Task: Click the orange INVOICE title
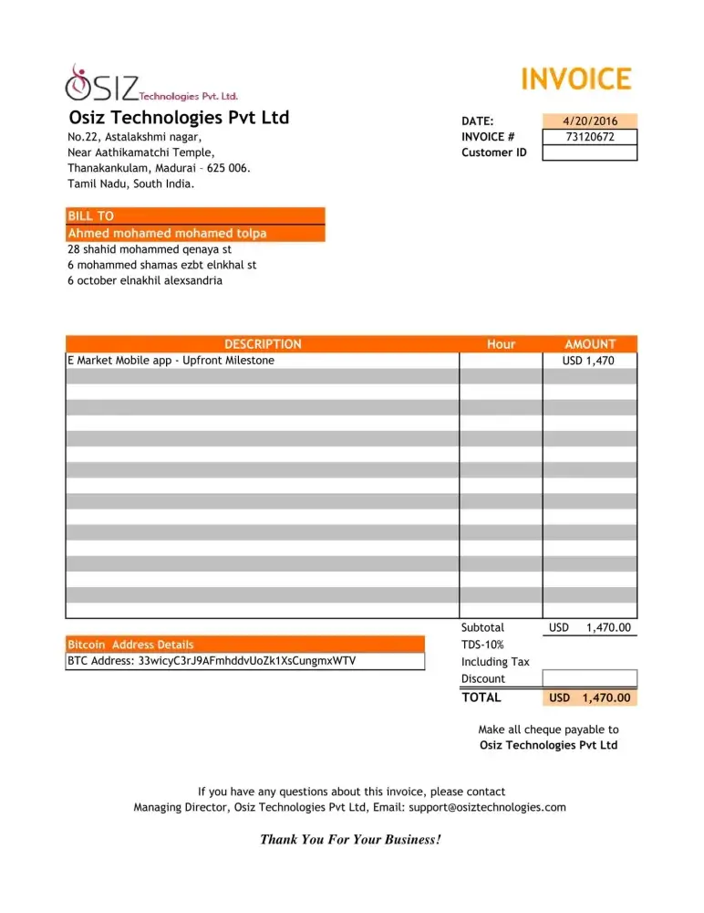[x=575, y=79]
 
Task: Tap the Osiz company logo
[x=151, y=85]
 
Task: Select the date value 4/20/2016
[x=589, y=121]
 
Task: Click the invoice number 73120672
[x=589, y=137]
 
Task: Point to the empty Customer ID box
[x=589, y=152]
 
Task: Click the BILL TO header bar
[x=195, y=216]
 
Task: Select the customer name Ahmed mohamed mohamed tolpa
[x=168, y=234]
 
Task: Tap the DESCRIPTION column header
[x=263, y=344]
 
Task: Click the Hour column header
[x=501, y=344]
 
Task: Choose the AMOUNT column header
[x=590, y=344]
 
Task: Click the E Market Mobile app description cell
[x=171, y=361]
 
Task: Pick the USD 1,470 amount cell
[x=588, y=361]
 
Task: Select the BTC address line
[x=212, y=661]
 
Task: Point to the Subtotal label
[x=482, y=628]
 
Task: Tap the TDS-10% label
[x=482, y=645]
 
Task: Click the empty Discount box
[x=589, y=678]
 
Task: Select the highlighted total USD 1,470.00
[x=589, y=698]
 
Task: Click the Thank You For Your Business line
[x=351, y=839]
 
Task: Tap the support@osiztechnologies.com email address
[x=487, y=807]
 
